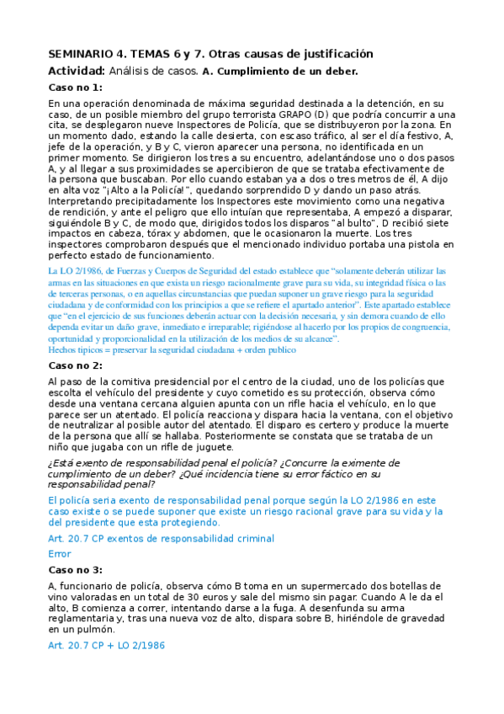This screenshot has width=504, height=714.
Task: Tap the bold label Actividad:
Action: point(77,71)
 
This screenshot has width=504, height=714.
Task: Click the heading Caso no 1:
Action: point(75,88)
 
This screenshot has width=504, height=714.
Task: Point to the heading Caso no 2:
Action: point(75,365)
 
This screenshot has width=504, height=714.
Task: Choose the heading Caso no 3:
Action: point(75,570)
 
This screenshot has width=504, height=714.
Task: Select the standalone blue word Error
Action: point(60,554)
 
